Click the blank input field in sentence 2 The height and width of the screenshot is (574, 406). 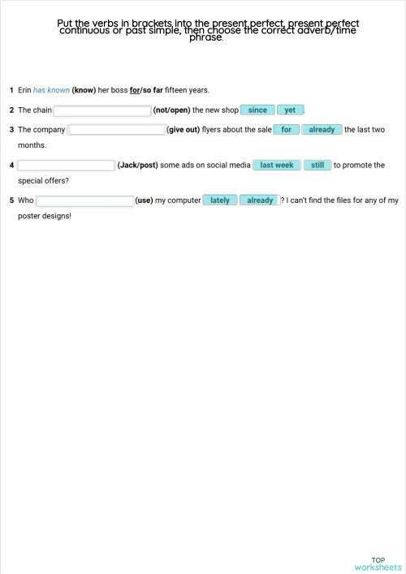point(102,110)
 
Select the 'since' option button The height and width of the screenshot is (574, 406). point(257,110)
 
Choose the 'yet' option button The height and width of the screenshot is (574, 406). point(290,110)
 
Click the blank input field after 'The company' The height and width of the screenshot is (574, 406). point(117,130)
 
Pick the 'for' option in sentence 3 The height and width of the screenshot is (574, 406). point(286,130)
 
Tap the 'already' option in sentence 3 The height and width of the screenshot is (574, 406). point(322,130)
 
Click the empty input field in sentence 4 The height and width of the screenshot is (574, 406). point(67,166)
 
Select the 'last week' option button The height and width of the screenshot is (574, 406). point(277,166)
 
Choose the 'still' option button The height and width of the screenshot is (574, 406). point(317,166)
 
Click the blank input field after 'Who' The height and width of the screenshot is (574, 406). point(85,201)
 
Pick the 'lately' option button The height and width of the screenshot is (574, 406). point(220,201)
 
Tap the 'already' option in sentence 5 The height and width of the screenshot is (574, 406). point(260,201)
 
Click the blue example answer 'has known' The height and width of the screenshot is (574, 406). point(51,90)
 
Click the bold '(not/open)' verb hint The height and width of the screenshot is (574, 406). point(171,110)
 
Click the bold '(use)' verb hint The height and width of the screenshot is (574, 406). point(144,201)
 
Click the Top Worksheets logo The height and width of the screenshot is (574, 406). point(378,563)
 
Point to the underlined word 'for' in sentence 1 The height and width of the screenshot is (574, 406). point(134,90)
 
